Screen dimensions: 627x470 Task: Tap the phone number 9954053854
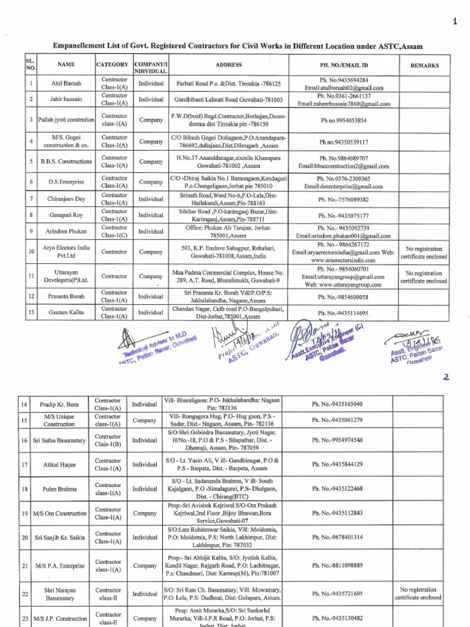coord(343,120)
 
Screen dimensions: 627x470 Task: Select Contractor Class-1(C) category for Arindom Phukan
coord(114,231)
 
